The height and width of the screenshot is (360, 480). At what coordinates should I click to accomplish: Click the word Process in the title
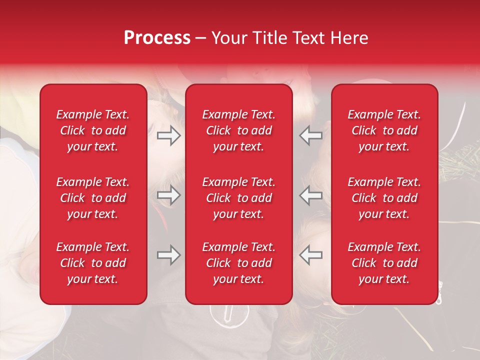[157, 38]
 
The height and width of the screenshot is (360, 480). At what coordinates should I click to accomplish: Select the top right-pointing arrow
[168, 135]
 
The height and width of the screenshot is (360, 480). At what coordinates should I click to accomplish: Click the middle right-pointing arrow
[168, 195]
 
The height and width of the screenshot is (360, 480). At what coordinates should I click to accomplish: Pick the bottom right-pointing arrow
[168, 255]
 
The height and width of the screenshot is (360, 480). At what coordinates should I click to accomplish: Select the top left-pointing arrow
[310, 135]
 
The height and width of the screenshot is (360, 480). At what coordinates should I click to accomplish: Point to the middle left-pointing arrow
[310, 195]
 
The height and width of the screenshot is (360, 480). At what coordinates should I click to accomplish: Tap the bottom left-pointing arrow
[310, 255]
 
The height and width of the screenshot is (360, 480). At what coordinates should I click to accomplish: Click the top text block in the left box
[93, 130]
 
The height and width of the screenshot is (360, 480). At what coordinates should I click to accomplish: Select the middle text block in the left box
[93, 198]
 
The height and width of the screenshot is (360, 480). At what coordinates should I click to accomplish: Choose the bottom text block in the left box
[93, 263]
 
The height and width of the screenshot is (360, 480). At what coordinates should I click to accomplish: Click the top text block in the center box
[238, 130]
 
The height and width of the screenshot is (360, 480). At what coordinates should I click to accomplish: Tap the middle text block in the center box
[238, 198]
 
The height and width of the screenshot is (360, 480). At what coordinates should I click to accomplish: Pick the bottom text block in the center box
[238, 263]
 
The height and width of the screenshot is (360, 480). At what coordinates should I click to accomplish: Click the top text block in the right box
[384, 130]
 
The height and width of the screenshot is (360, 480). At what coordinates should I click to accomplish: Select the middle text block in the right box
[384, 198]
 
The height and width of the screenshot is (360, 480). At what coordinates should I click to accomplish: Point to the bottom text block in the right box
[384, 263]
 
